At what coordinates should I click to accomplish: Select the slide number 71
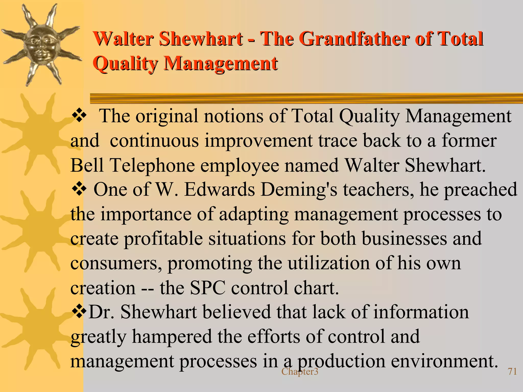512,371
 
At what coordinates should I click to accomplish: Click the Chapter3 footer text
300,372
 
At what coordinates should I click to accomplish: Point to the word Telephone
152,165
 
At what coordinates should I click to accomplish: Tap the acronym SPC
208,288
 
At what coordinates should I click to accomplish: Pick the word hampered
172,337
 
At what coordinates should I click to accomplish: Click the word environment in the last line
444,361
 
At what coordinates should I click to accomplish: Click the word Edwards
219,190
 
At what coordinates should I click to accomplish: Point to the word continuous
154,141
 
